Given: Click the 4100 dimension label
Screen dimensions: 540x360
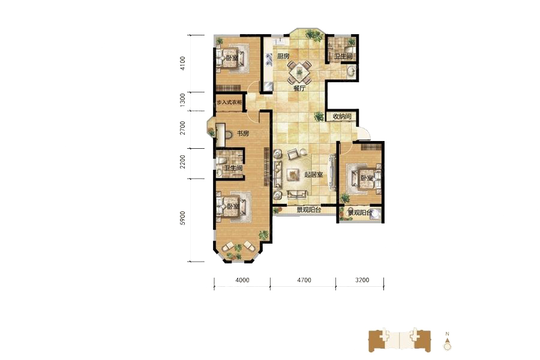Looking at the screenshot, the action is pyautogui.click(x=182, y=64).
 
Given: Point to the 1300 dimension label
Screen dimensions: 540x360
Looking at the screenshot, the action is pyautogui.click(x=182, y=100).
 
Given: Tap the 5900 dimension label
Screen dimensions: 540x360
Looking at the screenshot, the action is pyautogui.click(x=182, y=218).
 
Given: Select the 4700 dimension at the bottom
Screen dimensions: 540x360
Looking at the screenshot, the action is pyautogui.click(x=304, y=280).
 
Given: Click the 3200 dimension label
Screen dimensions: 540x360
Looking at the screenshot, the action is pyautogui.click(x=362, y=280).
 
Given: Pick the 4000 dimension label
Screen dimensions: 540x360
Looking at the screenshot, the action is pyautogui.click(x=242, y=280).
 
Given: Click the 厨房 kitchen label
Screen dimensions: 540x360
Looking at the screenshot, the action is pyautogui.click(x=283, y=56).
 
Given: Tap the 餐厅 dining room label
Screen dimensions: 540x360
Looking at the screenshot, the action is pyautogui.click(x=299, y=88).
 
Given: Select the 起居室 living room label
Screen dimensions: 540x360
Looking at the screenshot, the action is pyautogui.click(x=313, y=175).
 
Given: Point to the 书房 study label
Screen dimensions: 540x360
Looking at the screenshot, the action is pyautogui.click(x=243, y=133).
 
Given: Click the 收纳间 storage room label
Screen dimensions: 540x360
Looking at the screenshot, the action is pyautogui.click(x=342, y=116).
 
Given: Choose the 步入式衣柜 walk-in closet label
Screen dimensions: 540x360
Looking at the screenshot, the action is pyautogui.click(x=229, y=103).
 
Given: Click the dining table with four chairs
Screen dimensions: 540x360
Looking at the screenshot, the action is pyautogui.click(x=299, y=73).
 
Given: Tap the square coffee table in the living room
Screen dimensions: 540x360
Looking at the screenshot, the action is pyautogui.click(x=293, y=175).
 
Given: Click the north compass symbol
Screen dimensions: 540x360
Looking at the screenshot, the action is pyautogui.click(x=448, y=342).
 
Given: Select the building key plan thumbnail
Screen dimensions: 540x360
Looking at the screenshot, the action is pyautogui.click(x=400, y=340).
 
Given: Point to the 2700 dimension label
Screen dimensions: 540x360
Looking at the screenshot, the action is pyautogui.click(x=182, y=128).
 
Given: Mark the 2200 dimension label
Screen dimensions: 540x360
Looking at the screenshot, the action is pyautogui.click(x=182, y=161).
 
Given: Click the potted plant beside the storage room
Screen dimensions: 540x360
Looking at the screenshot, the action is pyautogui.click(x=319, y=116).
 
